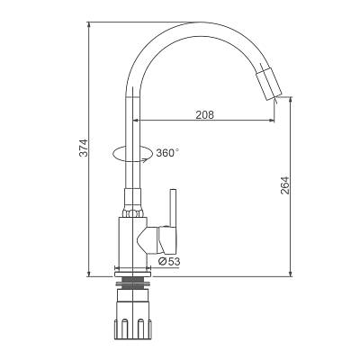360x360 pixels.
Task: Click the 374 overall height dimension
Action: click(85, 148)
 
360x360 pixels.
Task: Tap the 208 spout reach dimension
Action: click(205, 114)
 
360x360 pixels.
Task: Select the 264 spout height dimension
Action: click(285, 184)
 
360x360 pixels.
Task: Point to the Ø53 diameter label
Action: click(169, 262)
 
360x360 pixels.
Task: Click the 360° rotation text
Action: click(167, 153)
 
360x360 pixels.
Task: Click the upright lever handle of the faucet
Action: click(173, 208)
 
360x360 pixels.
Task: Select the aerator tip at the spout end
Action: click(269, 84)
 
